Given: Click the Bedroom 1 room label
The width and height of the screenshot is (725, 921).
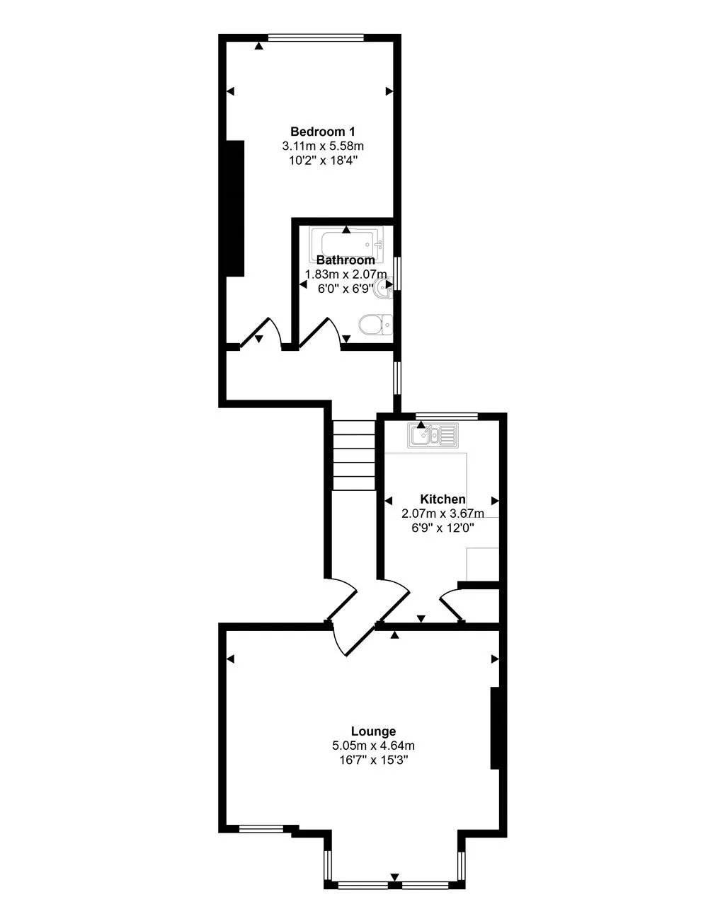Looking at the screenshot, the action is (323, 132).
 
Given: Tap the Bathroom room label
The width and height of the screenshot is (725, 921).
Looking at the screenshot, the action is (346, 260).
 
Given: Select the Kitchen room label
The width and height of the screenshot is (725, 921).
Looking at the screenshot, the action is (443, 499).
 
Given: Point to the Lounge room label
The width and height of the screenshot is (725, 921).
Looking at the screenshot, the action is (373, 731).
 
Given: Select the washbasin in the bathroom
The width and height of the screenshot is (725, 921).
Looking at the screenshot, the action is (383, 288).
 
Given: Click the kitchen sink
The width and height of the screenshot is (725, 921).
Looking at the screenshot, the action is (433, 435).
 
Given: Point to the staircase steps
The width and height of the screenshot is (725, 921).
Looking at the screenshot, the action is (354, 456).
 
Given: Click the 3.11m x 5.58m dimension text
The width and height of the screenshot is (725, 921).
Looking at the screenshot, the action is (323, 146).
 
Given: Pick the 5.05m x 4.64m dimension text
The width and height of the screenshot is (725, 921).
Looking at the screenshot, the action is (373, 746).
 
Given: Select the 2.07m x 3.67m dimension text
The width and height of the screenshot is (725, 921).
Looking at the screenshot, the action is (443, 513).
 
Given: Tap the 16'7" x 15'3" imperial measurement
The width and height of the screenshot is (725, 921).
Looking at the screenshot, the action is (373, 760).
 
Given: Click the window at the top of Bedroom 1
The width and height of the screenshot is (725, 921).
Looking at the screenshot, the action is (316, 37).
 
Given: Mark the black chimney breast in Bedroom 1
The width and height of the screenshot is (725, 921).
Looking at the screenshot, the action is (235, 209).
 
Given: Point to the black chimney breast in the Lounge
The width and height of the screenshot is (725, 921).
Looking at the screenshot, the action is (495, 729).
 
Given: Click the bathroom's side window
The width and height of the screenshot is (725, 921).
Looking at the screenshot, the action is (397, 274).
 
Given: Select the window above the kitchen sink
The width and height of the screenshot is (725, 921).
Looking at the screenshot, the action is (447, 416).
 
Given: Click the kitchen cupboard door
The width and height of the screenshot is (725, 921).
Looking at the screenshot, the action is (452, 605).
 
